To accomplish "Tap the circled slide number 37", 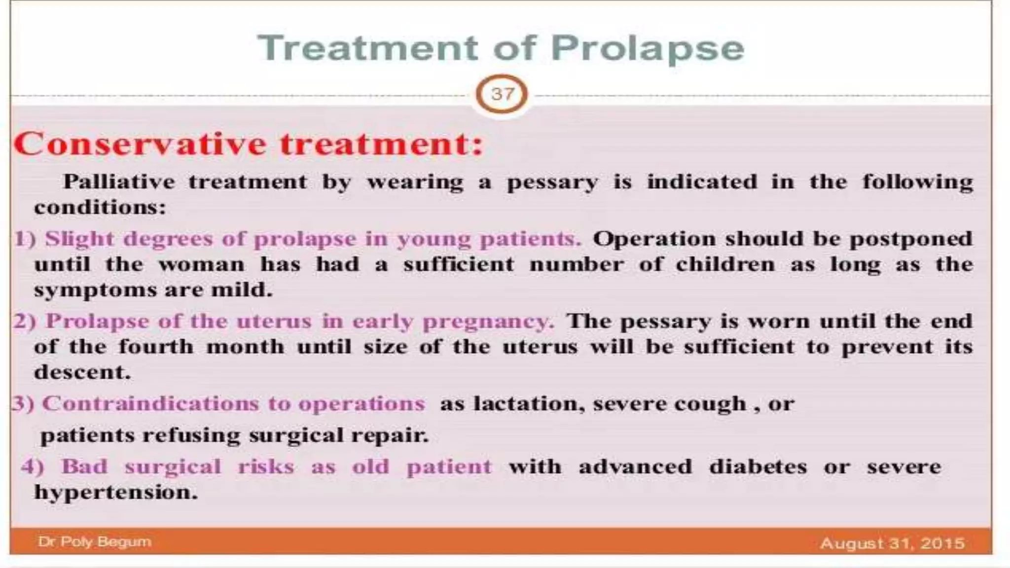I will coord(502,94).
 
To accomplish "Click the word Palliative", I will coord(119,182).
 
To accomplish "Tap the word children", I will coord(725,265).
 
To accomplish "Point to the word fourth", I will coord(156,347).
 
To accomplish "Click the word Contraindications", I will coord(150,404).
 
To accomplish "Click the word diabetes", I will coord(757,466).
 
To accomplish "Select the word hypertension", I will coord(115,493).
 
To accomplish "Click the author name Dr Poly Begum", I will coord(95,542).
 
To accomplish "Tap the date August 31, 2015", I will coord(892,543).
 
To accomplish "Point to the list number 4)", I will coord(33,467).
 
